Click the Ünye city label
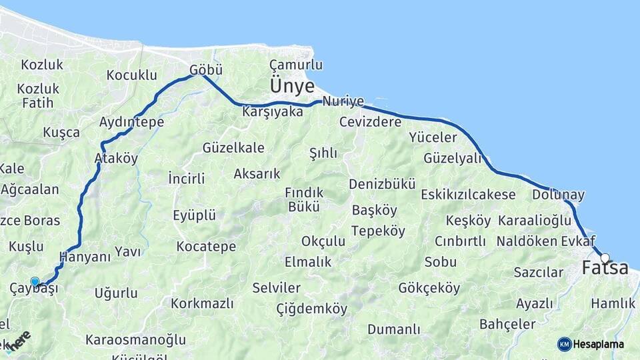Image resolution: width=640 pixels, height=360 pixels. [292, 86]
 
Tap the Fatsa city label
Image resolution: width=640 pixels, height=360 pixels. [605, 268]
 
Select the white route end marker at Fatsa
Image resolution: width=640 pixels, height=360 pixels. [605, 257]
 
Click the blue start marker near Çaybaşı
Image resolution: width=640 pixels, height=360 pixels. [35, 282]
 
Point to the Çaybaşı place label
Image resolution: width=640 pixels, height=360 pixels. [34, 289]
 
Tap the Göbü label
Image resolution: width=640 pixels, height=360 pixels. [205, 69]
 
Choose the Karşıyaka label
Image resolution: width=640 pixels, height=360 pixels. [273, 111]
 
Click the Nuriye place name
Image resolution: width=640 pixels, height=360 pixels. [343, 101]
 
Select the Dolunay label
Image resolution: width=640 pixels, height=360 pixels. [558, 195]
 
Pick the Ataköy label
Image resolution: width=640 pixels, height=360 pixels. [116, 159]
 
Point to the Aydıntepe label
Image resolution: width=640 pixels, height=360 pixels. [131, 123]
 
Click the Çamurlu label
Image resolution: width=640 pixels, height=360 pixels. [296, 65]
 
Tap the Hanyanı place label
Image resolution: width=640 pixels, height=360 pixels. [85, 257]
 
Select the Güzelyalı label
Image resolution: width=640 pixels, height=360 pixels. [452, 159]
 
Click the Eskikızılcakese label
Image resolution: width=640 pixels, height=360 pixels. [468, 195]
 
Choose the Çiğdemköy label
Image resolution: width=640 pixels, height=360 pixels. [311, 309]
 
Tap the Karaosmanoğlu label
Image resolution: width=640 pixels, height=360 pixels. [135, 340]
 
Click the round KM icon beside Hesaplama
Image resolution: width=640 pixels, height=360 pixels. [564, 344]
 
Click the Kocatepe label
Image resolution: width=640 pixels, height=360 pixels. [206, 247]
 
